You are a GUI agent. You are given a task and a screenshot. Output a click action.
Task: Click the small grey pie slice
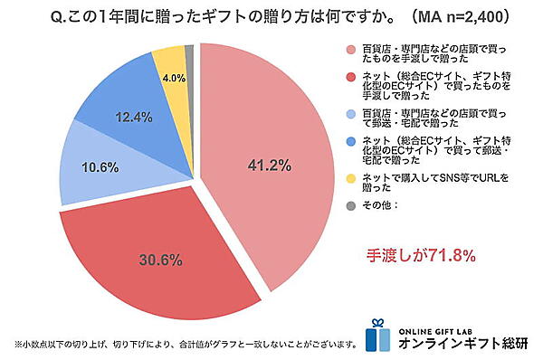(x=189, y=51)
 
